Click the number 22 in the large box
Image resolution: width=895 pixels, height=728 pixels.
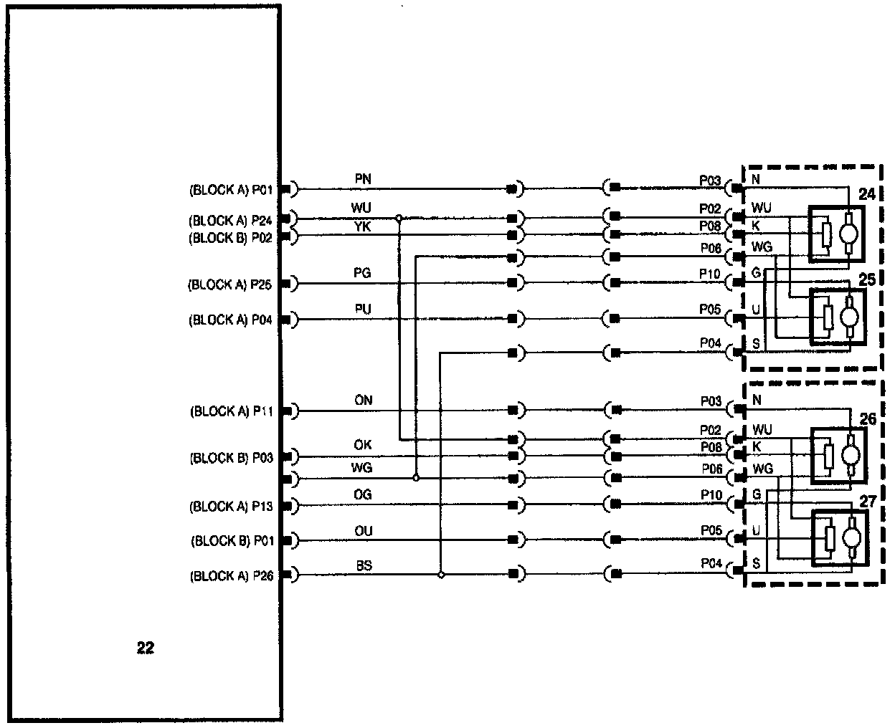click(x=145, y=648)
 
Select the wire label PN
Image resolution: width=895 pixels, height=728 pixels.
click(x=363, y=178)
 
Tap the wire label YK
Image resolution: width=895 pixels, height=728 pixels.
click(x=363, y=226)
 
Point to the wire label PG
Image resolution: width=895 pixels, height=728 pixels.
click(x=363, y=273)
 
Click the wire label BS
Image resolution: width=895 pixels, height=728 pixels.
click(x=364, y=565)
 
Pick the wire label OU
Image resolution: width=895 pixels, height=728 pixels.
click(x=364, y=530)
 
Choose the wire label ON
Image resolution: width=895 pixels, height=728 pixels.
click(x=364, y=401)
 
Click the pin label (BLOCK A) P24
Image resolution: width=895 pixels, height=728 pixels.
click(x=230, y=220)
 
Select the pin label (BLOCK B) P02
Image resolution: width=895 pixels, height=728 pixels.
click(x=230, y=238)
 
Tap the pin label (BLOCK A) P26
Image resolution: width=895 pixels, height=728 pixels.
click(x=231, y=576)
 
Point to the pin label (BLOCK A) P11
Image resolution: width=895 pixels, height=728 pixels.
click(x=231, y=411)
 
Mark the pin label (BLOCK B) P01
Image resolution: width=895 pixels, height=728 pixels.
click(x=232, y=541)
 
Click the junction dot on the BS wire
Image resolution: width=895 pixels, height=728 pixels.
click(x=441, y=575)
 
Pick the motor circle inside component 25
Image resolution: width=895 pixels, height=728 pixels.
click(x=851, y=316)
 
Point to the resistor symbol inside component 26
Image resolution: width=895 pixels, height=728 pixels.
click(x=828, y=456)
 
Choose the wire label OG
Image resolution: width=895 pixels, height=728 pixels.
click(x=363, y=495)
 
